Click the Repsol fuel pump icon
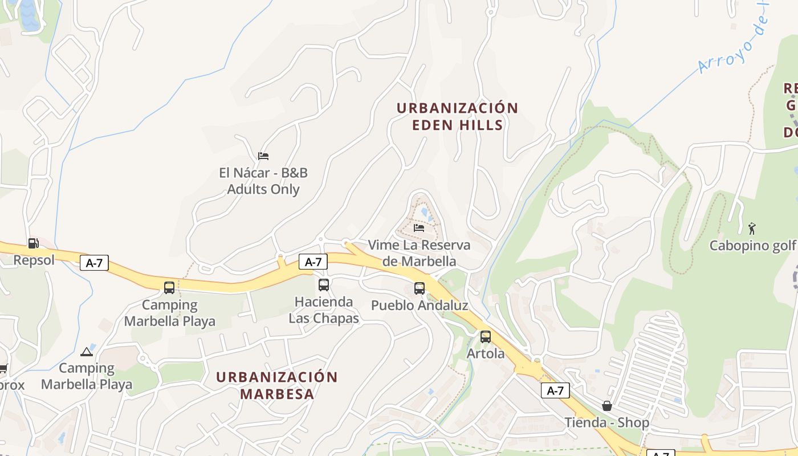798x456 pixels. pyautogui.click(x=34, y=243)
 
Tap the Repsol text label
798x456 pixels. pyautogui.click(x=34, y=260)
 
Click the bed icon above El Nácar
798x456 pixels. pyautogui.click(x=263, y=156)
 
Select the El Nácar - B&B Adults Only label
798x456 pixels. pyautogui.click(x=263, y=181)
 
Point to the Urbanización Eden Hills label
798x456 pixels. pyautogui.click(x=457, y=116)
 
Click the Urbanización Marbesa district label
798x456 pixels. pyautogui.click(x=277, y=385)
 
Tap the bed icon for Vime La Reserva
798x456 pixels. pyautogui.click(x=419, y=228)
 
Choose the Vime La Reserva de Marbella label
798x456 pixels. pyautogui.click(x=419, y=253)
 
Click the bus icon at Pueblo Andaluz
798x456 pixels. pyautogui.click(x=420, y=288)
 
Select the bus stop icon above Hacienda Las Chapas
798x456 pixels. pyautogui.click(x=324, y=284)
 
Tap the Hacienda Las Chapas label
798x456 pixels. pyautogui.click(x=324, y=310)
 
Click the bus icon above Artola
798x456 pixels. pyautogui.click(x=486, y=337)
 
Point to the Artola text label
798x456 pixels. pyautogui.click(x=486, y=354)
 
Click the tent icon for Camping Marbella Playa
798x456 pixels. pyautogui.click(x=87, y=352)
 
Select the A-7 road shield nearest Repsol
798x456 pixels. pyautogui.click(x=94, y=263)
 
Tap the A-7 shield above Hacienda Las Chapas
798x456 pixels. pyautogui.click(x=313, y=262)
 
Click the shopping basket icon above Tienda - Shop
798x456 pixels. pyautogui.click(x=607, y=406)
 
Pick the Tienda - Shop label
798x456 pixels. pyautogui.click(x=607, y=422)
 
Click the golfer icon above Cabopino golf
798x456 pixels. pyautogui.click(x=752, y=229)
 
